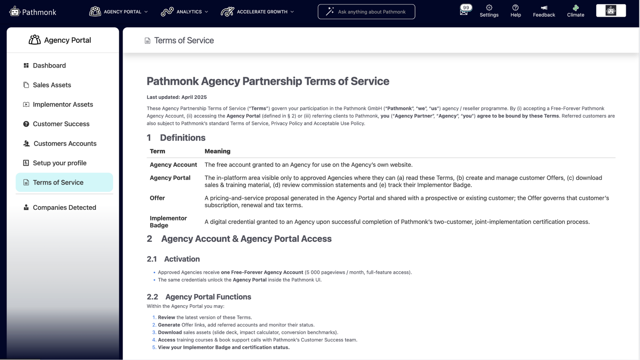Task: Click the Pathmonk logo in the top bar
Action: pyautogui.click(x=33, y=12)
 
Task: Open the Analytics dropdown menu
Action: pyautogui.click(x=185, y=12)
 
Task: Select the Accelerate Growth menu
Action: pyautogui.click(x=257, y=12)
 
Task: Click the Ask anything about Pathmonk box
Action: pyautogui.click(x=366, y=12)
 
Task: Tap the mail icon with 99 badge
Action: pyautogui.click(x=464, y=11)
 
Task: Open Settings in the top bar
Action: pyautogui.click(x=489, y=11)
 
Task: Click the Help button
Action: pyautogui.click(x=515, y=11)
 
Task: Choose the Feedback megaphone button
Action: pyautogui.click(x=544, y=11)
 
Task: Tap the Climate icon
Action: pyautogui.click(x=575, y=11)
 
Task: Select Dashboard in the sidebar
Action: pyautogui.click(x=49, y=65)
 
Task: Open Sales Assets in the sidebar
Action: pyautogui.click(x=52, y=85)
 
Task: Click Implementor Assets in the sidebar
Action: pyautogui.click(x=63, y=104)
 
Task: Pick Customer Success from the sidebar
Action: pyautogui.click(x=61, y=124)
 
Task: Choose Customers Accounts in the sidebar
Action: pyautogui.click(x=65, y=143)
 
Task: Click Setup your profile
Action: pyautogui.click(x=59, y=163)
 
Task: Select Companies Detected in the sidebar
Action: pyautogui.click(x=64, y=207)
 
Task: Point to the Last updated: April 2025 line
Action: pyautogui.click(x=176, y=97)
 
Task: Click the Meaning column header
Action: pyautogui.click(x=217, y=151)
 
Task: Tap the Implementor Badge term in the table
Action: pyautogui.click(x=168, y=222)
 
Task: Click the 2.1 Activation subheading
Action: pyautogui.click(x=173, y=259)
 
